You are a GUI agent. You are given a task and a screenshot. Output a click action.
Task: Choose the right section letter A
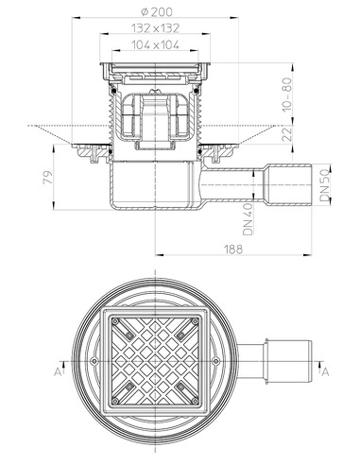point(328,371)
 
